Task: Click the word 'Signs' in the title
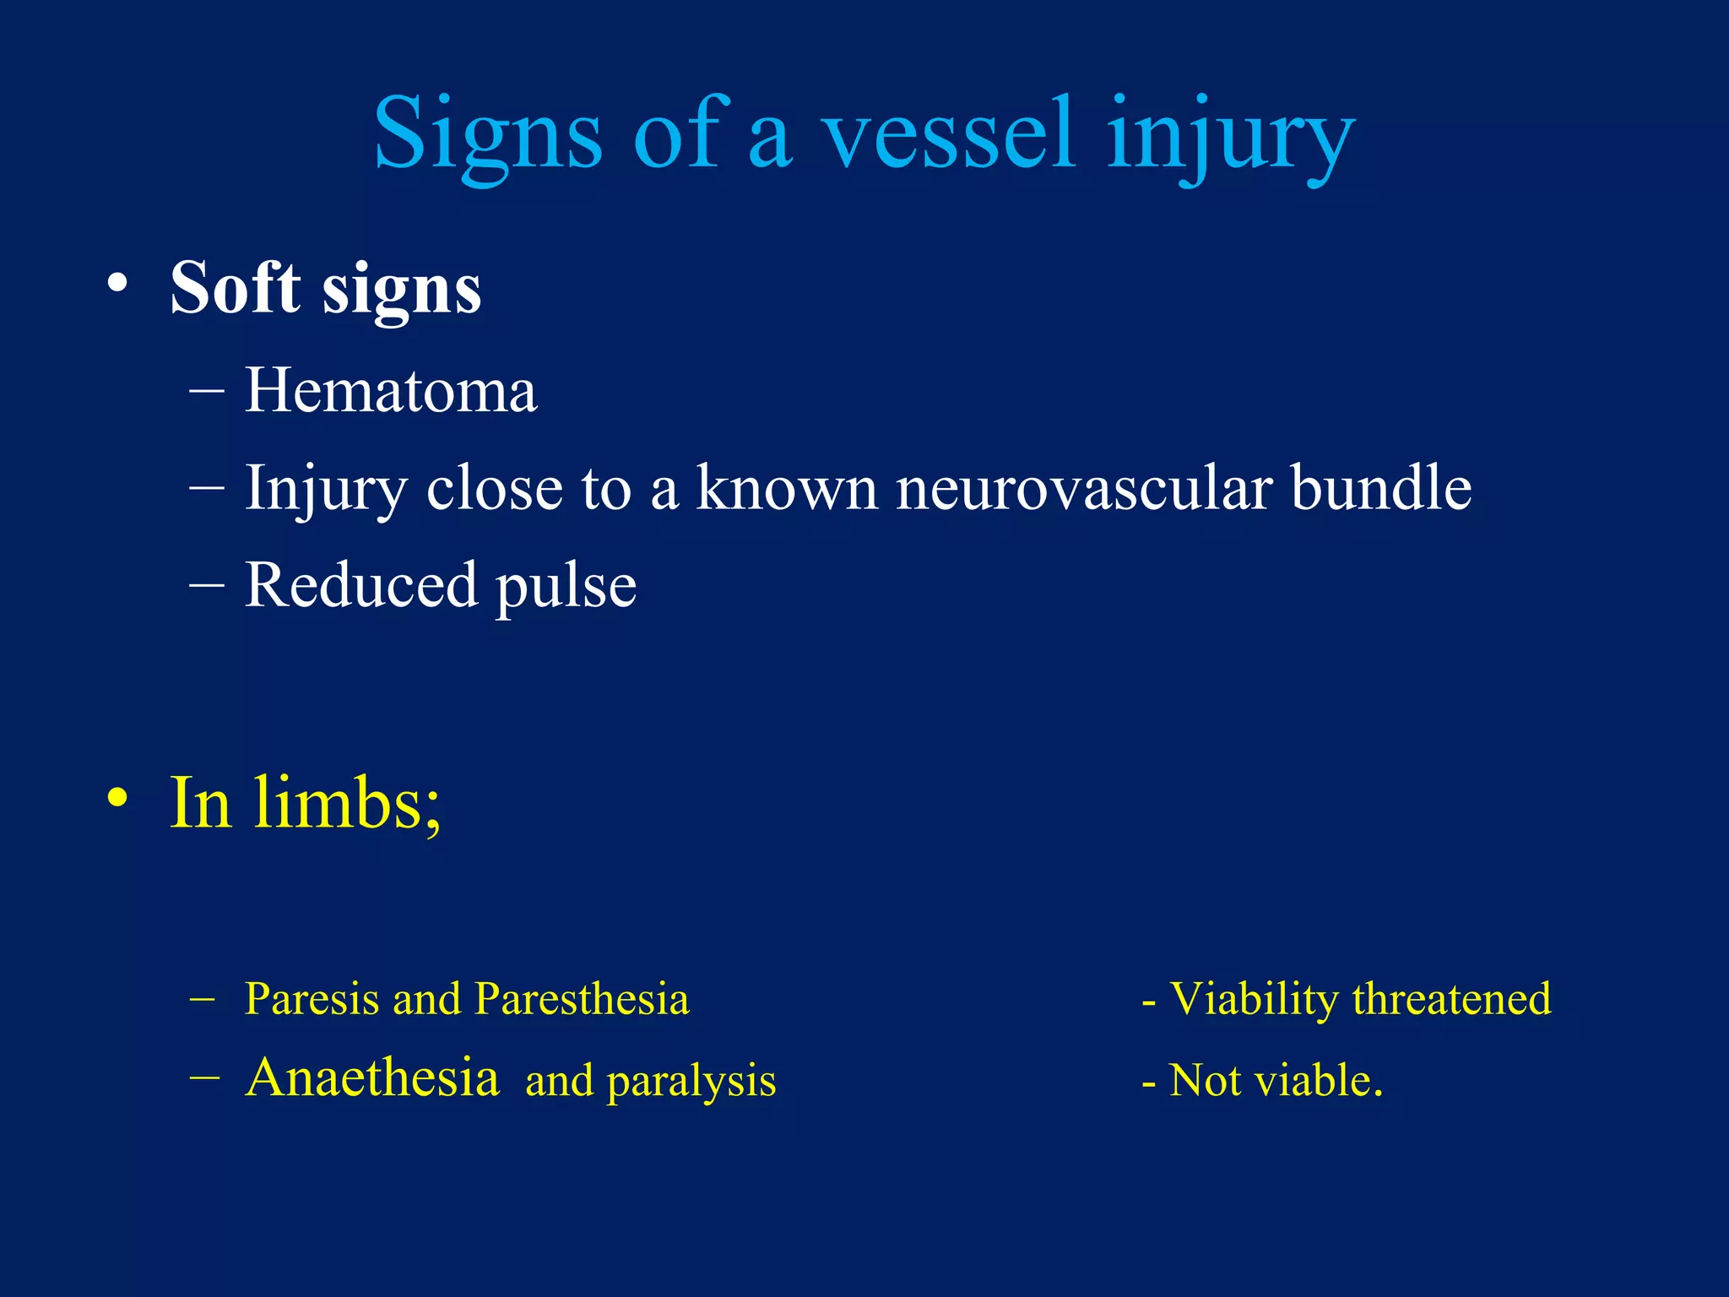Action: point(487,135)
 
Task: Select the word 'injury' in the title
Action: point(1230,135)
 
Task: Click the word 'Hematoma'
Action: point(390,392)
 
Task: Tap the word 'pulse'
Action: point(566,588)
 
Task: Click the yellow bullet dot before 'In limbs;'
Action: point(118,798)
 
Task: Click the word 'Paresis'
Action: point(312,999)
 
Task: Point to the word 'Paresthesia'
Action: point(582,999)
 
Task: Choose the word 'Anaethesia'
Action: point(372,1078)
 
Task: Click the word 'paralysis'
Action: point(691,1082)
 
